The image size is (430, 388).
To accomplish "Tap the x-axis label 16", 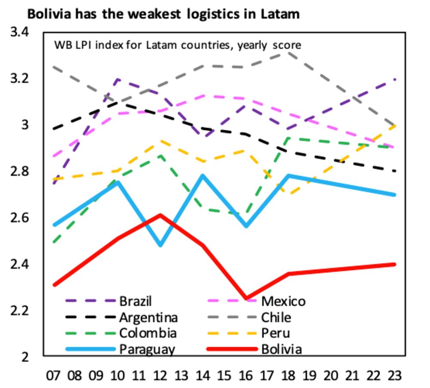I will tap(246, 376).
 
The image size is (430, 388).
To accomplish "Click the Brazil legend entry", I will tap(135, 301).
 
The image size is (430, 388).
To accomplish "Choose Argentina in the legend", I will tap(148, 317).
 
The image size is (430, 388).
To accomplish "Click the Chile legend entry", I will tap(276, 317).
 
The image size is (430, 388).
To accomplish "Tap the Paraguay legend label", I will tap(147, 349).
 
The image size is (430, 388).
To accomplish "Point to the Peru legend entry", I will tap(275, 333).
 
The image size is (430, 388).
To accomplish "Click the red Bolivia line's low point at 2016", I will tap(246, 298).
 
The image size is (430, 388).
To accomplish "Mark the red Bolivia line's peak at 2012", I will tap(160, 215).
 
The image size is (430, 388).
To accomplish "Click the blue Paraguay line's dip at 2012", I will tap(160, 245).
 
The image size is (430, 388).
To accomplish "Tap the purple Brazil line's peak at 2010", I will tap(117, 79).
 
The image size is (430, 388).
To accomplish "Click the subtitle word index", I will tap(108, 45).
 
